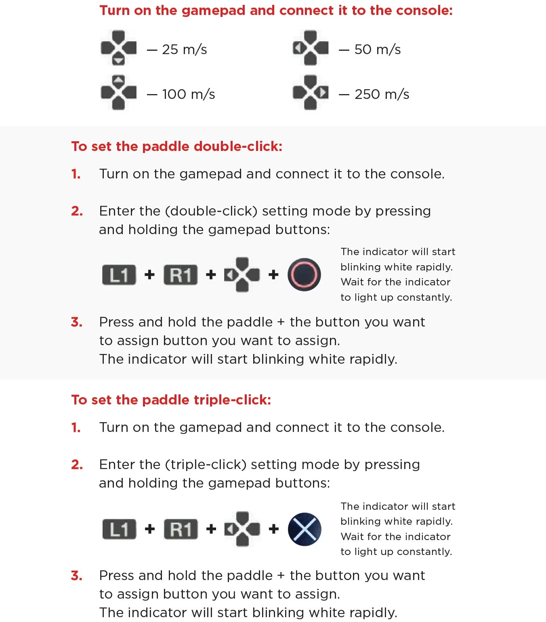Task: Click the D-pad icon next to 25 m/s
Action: (x=119, y=48)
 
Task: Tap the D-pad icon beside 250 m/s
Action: (x=310, y=92)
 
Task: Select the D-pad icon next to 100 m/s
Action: (x=119, y=92)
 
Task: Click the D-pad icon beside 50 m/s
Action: (x=310, y=48)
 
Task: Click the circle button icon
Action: (x=304, y=274)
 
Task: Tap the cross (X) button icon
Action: (x=304, y=529)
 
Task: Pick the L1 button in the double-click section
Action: (x=119, y=275)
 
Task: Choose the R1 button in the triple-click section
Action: (x=181, y=529)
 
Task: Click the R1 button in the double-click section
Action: (x=181, y=275)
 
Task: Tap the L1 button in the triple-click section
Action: (x=119, y=529)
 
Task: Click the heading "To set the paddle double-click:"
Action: (x=176, y=147)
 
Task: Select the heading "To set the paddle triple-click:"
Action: (x=171, y=400)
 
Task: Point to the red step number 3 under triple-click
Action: (x=77, y=576)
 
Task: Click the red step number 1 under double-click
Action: (x=76, y=174)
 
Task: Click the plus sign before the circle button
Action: (x=273, y=274)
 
